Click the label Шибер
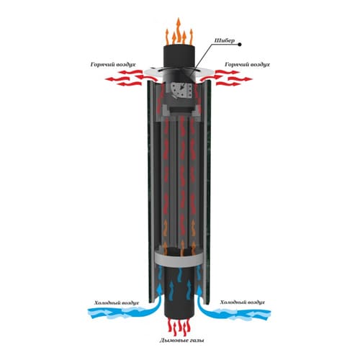click(224, 40)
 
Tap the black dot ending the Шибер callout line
click(240, 45)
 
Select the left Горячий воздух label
click(113, 65)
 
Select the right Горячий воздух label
click(247, 65)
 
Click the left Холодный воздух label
click(117, 303)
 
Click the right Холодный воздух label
click(243, 302)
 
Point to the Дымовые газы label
click(181, 341)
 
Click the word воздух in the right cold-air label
click(256, 302)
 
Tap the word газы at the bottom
click(197, 341)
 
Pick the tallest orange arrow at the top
click(179, 31)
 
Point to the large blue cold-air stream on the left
click(122, 312)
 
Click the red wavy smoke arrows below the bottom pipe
click(179, 327)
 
